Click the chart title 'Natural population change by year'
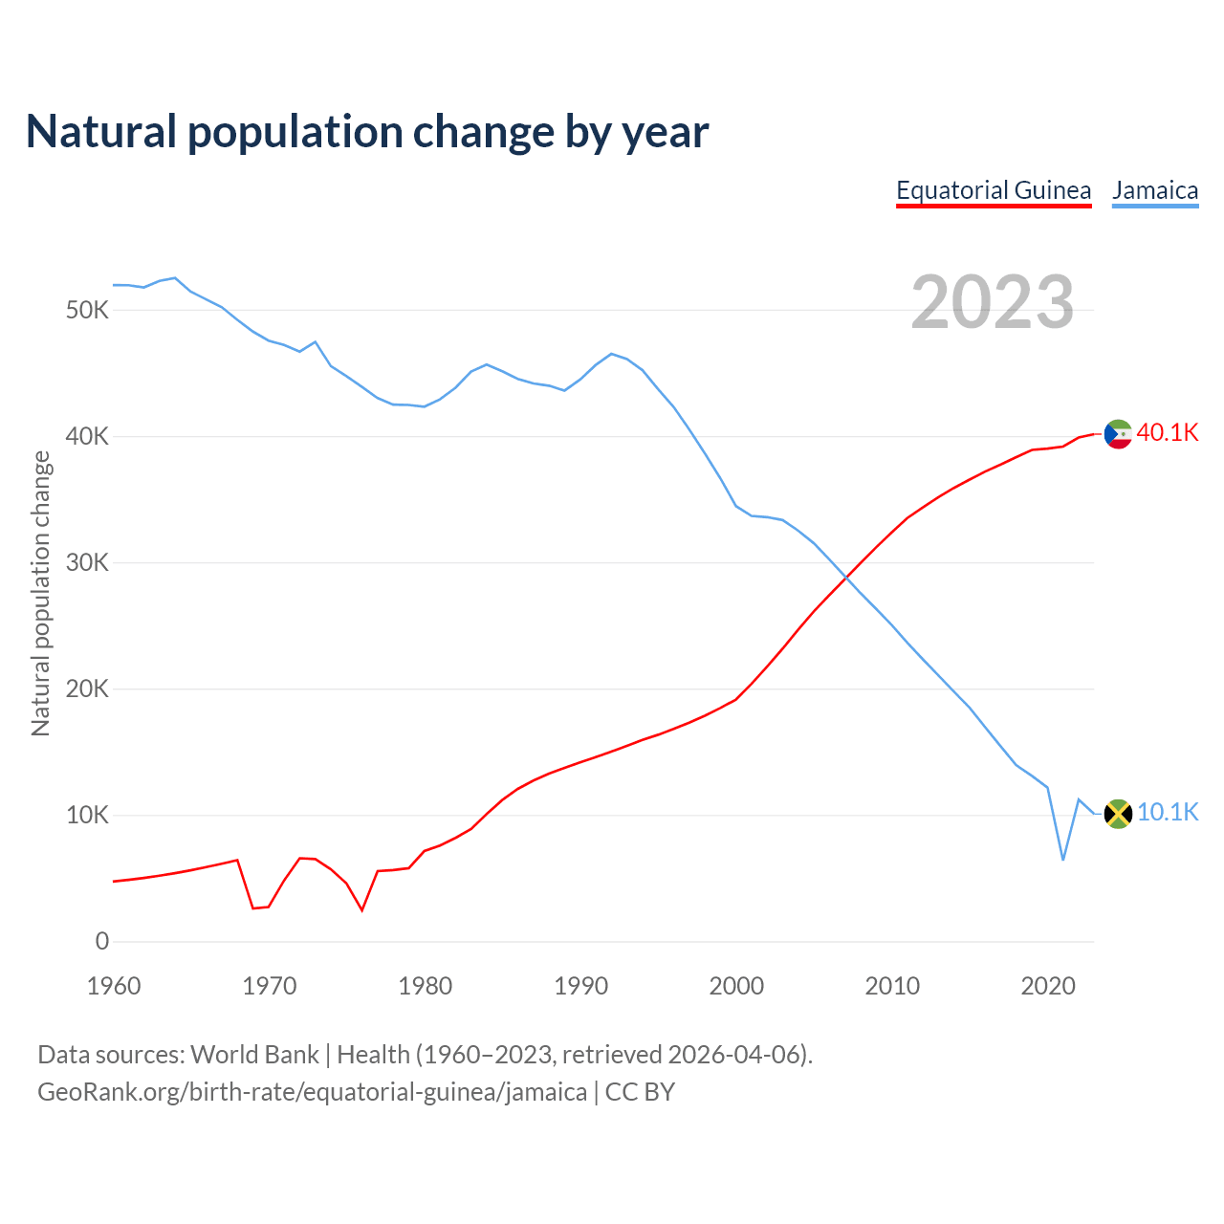click(x=367, y=132)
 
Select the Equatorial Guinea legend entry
click(x=994, y=190)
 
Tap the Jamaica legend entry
click(x=1155, y=190)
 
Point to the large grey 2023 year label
click(x=993, y=302)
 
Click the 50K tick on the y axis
click(x=88, y=311)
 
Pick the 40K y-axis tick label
click(x=88, y=437)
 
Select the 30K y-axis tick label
click(x=88, y=563)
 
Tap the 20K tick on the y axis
click(x=88, y=689)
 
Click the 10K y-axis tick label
click(x=88, y=816)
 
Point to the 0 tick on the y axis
click(x=102, y=942)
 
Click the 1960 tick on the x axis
click(x=114, y=986)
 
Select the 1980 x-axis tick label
click(x=426, y=986)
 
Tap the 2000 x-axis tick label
click(x=736, y=986)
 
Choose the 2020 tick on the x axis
click(x=1048, y=986)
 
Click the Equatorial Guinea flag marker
click(x=1118, y=434)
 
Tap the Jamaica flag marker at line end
click(x=1118, y=814)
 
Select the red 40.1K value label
click(x=1168, y=433)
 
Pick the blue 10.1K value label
click(x=1168, y=813)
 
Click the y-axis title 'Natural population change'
click(x=41, y=593)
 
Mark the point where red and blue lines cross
click(x=846, y=577)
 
